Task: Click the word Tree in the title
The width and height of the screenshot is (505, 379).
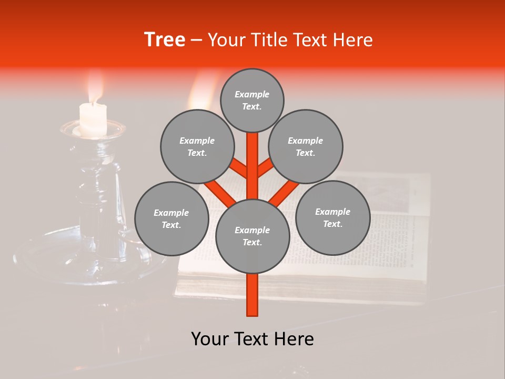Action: [x=165, y=40]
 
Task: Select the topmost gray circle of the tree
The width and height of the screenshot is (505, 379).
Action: [x=252, y=100]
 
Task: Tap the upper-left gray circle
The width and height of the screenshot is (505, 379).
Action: [x=197, y=146]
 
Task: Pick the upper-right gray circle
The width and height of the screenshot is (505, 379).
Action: [x=306, y=146]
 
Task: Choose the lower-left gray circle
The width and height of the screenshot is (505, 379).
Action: [x=171, y=218]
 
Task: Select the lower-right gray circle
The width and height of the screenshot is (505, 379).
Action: [x=332, y=217]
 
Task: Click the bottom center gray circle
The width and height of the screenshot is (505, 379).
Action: [x=252, y=236]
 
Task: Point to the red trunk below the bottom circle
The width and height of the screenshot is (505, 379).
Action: [x=252, y=295]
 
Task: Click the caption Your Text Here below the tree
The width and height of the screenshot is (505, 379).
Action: [x=252, y=339]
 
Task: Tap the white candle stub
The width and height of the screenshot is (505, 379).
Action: [x=93, y=119]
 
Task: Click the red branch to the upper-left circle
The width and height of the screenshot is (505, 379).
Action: [x=238, y=167]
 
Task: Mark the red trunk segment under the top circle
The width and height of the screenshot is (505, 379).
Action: [x=252, y=158]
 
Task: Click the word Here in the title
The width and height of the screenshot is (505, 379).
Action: [x=353, y=40]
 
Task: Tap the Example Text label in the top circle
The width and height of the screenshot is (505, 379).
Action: [x=252, y=100]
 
